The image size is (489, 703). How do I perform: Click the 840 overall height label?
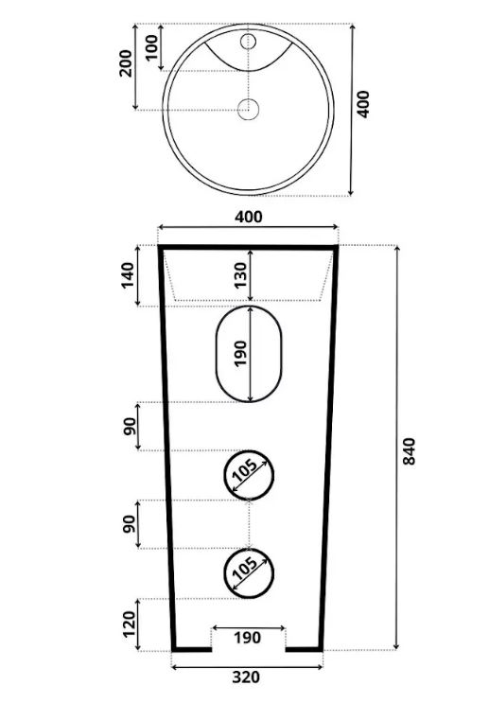pos(409,451)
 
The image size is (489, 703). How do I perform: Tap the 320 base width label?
pos(246,677)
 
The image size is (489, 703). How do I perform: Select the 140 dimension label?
pos(129,275)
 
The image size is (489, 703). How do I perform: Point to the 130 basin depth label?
pos(240,274)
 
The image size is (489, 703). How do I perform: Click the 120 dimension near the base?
pos(129,624)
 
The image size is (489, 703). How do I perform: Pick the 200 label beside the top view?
pos(127,63)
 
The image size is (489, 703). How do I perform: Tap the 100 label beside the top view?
pos(152,47)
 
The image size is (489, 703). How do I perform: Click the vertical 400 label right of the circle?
pos(363,104)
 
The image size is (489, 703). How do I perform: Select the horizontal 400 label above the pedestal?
pos(249,217)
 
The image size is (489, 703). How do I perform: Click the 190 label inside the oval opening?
pos(240,353)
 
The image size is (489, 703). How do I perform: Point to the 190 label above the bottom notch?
pos(248,638)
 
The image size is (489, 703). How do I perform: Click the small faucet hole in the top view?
pos(248,42)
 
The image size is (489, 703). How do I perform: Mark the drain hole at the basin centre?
pos(249,109)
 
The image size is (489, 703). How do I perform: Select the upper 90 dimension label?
pos(129,426)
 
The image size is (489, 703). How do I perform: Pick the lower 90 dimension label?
pos(129,524)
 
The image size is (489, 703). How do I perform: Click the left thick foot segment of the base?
pos(192,649)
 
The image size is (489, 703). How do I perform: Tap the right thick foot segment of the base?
pos(304,649)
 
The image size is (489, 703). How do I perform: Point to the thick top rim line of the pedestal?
pos(248,247)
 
